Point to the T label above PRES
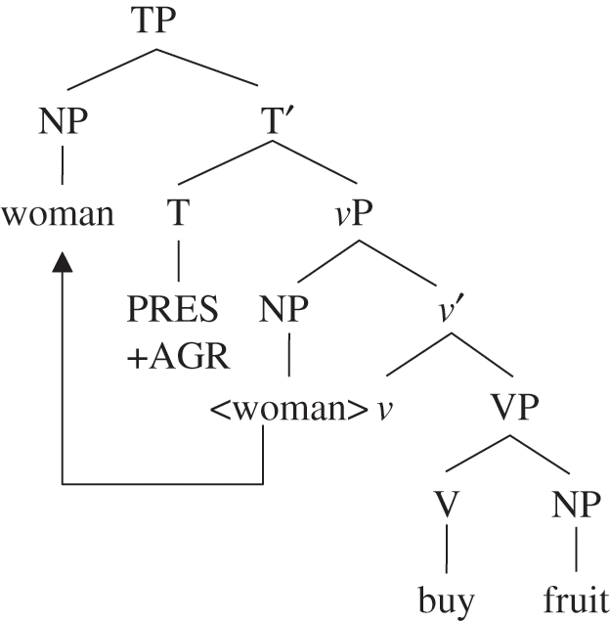(178, 212)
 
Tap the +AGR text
(179, 357)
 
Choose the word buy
(447, 598)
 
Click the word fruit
(576, 598)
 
